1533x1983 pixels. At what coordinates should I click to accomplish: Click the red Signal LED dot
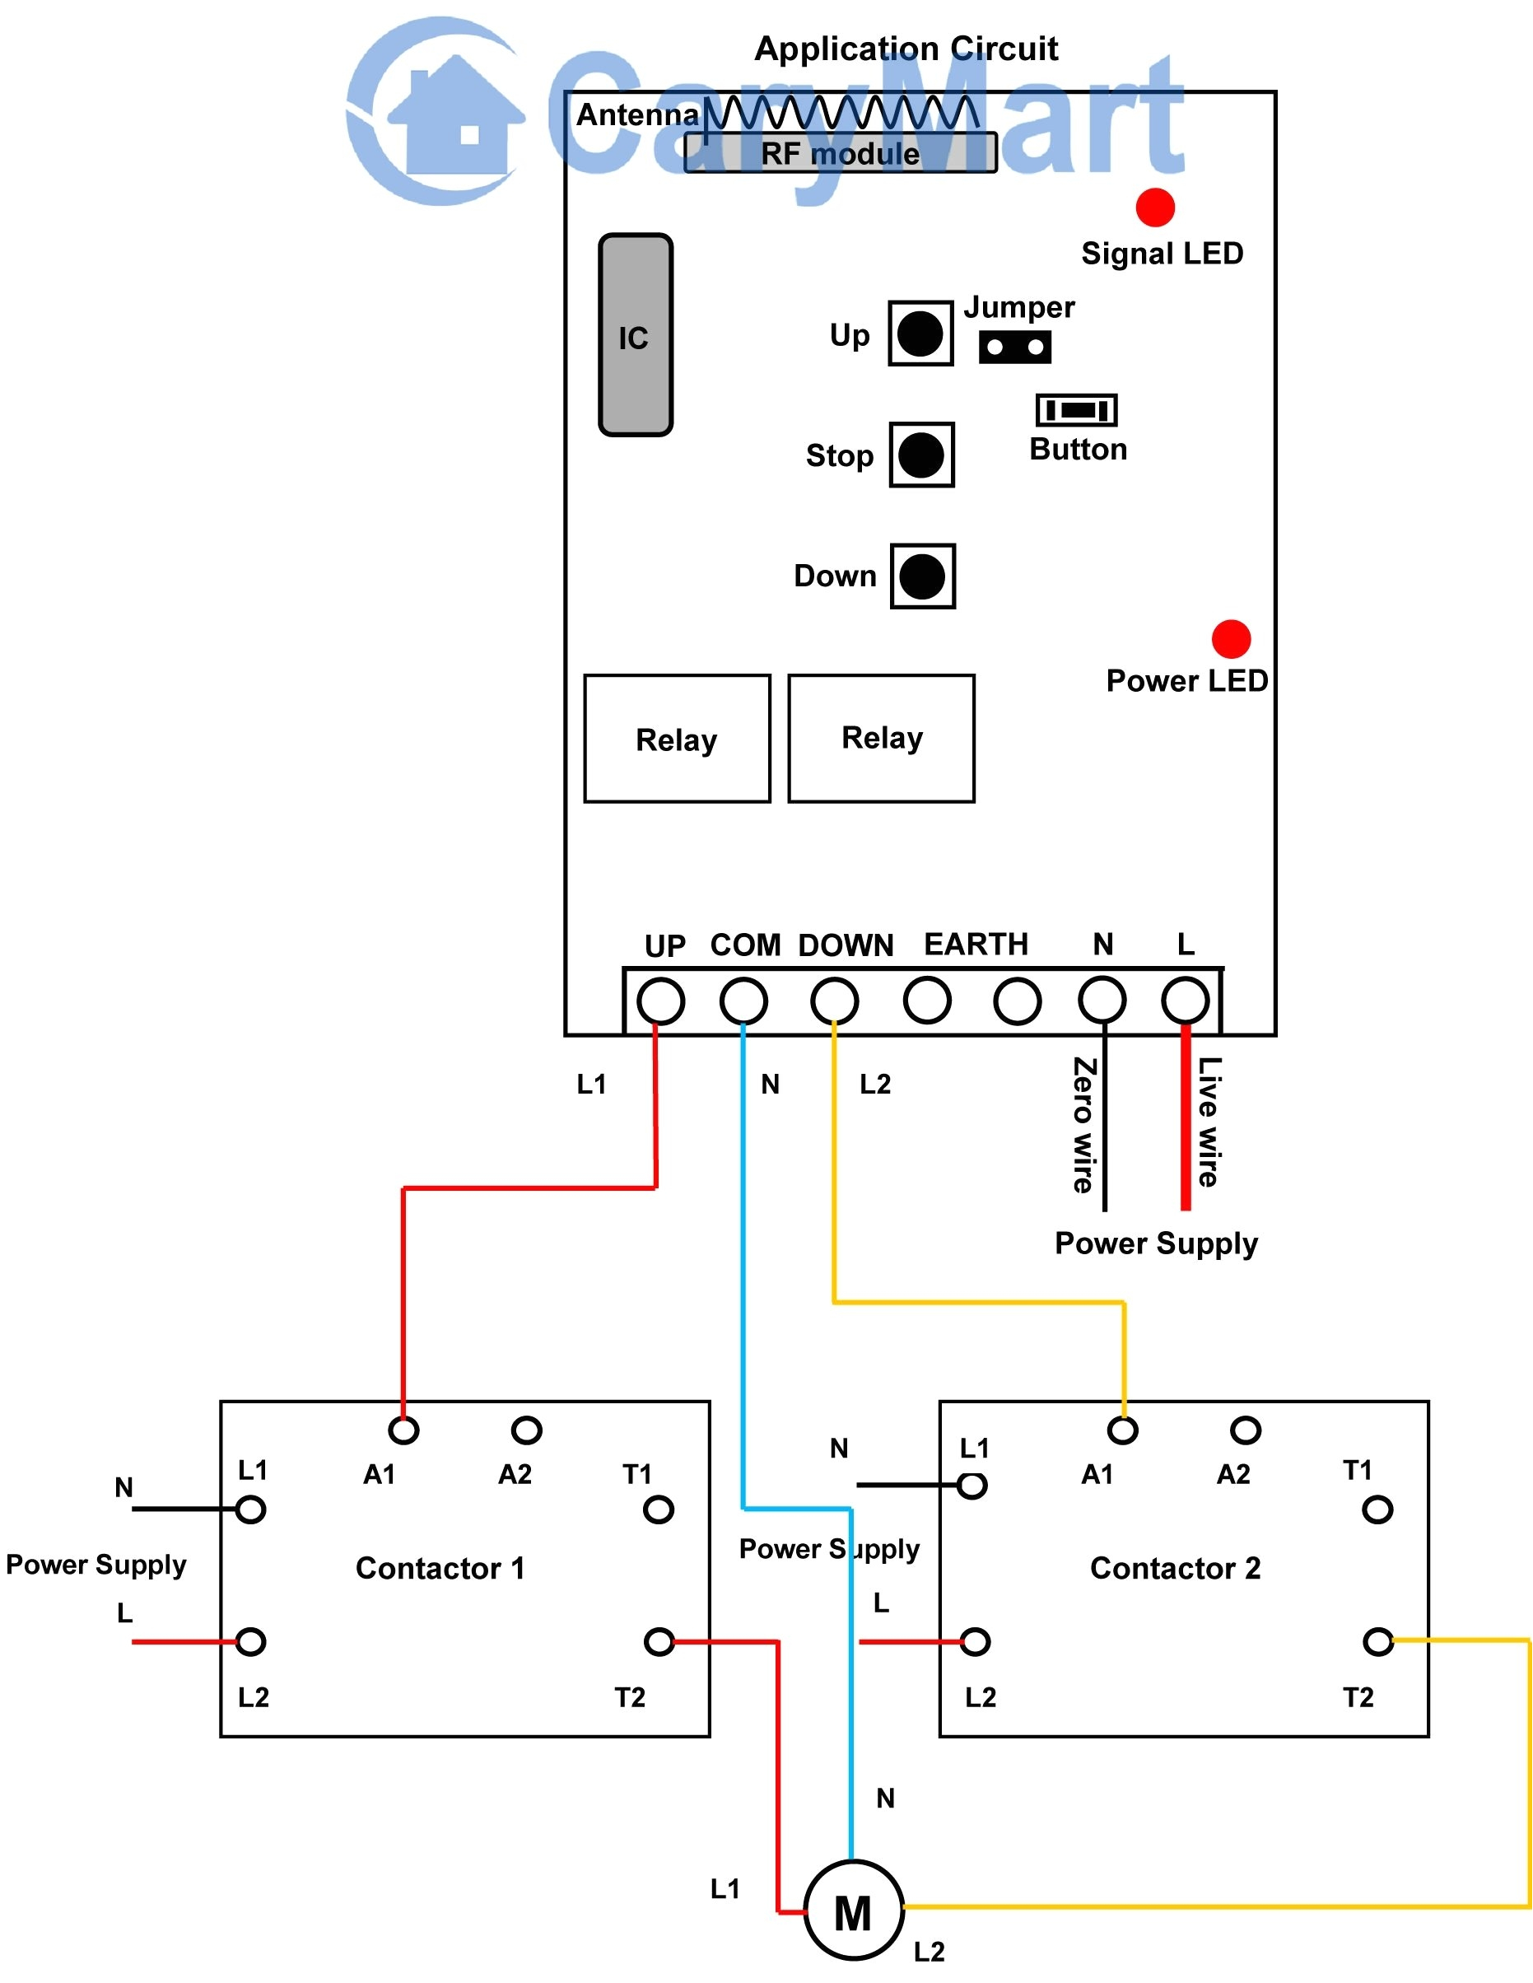(x=1155, y=208)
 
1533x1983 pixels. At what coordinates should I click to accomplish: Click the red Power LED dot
(x=1231, y=639)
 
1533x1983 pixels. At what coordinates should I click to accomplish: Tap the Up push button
(x=920, y=334)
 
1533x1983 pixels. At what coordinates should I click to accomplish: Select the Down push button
(x=922, y=576)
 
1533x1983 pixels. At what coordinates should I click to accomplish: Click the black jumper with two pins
(x=1015, y=347)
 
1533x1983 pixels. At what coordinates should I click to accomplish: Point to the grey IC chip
(x=636, y=335)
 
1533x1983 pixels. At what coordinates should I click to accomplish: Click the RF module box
(x=840, y=153)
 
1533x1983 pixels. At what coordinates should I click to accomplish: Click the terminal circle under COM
(x=743, y=1001)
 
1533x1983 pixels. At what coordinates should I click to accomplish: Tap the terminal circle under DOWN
(x=834, y=1001)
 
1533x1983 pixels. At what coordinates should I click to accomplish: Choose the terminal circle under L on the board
(x=1186, y=1001)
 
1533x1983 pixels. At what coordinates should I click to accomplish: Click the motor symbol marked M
(x=853, y=1911)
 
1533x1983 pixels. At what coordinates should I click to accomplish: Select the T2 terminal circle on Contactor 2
(x=1377, y=1641)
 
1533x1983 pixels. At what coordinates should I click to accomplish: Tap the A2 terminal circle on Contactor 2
(x=1246, y=1430)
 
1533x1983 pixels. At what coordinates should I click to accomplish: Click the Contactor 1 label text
(x=440, y=1568)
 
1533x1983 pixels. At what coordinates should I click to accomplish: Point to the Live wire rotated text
(x=1208, y=1122)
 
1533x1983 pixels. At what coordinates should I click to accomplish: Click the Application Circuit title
(x=906, y=48)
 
